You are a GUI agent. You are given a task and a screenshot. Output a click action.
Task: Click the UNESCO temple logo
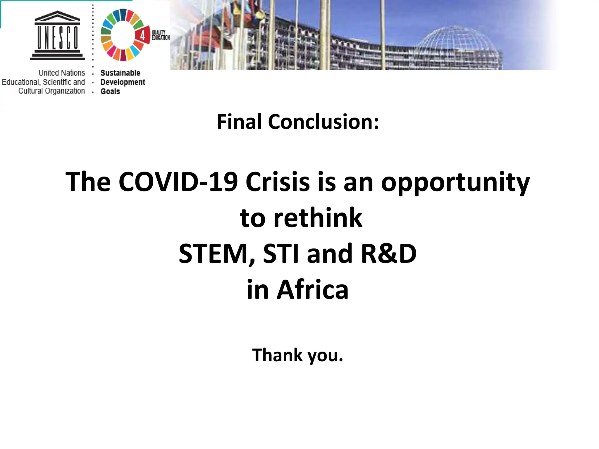pos(58,36)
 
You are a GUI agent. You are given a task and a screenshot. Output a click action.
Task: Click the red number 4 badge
pos(142,35)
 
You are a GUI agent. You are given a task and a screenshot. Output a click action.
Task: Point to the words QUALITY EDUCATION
pos(160,35)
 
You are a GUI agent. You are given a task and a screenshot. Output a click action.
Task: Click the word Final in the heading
pos(239,122)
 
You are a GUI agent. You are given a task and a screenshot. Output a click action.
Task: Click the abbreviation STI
pos(281,254)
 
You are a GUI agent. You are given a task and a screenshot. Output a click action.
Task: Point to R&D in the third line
pos(388,254)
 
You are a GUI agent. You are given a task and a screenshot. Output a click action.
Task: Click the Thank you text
pos(297,355)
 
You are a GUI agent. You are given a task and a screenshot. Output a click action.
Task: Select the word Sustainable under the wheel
pos(120,73)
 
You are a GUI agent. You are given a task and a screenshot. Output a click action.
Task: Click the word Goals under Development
pos(110,91)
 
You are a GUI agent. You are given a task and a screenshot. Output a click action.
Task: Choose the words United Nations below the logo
pos(62,73)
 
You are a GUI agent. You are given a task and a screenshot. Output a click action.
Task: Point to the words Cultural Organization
pos(51,91)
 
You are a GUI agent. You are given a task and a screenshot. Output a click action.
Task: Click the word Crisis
pos(278,182)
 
